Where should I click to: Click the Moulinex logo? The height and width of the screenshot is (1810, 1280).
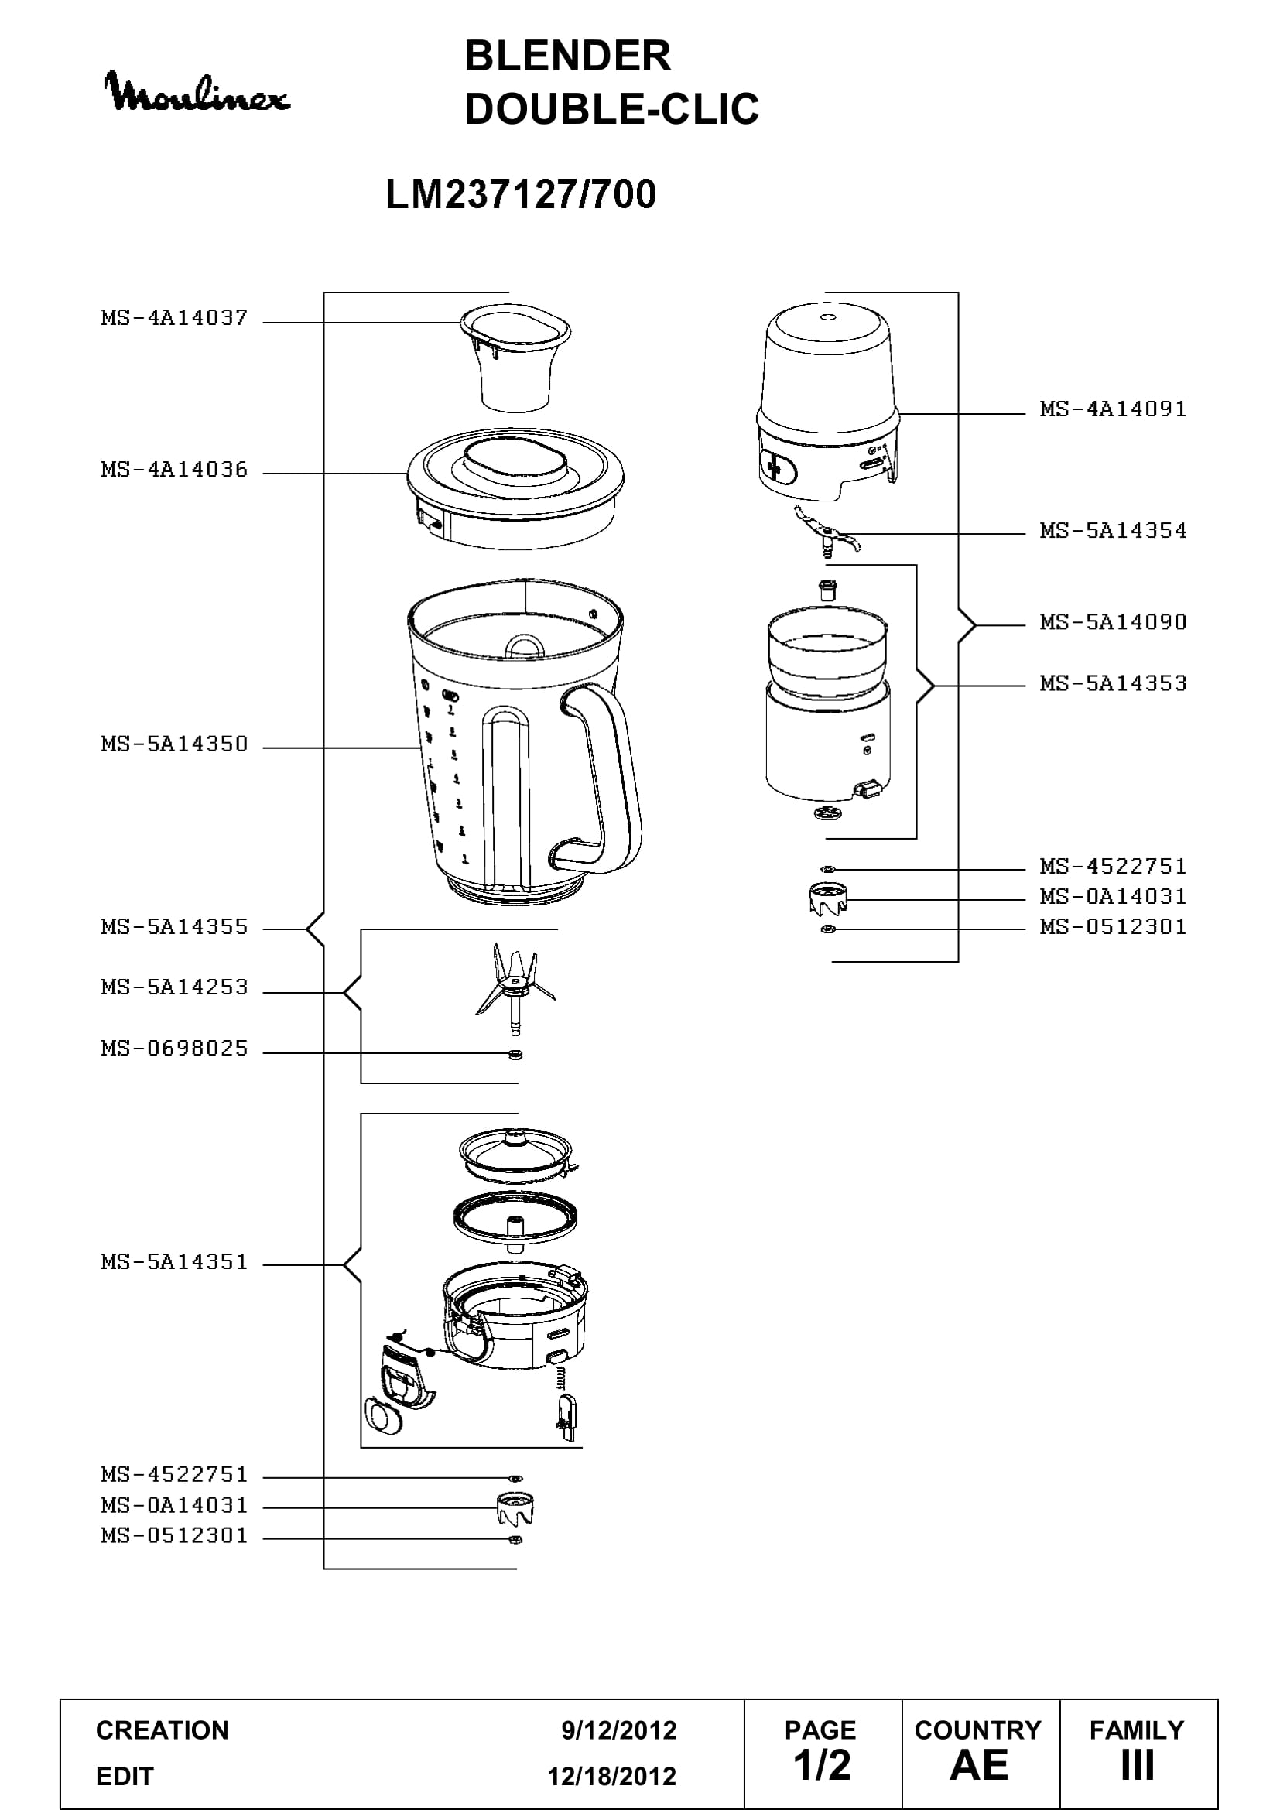pyautogui.click(x=198, y=92)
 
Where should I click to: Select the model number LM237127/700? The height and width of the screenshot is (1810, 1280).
pyautogui.click(x=521, y=194)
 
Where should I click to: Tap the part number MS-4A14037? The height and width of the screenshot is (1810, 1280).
pyautogui.click(x=174, y=318)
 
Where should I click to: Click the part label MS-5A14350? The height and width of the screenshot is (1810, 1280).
pyautogui.click(x=174, y=744)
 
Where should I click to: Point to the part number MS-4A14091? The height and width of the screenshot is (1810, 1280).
pyautogui.click(x=1113, y=409)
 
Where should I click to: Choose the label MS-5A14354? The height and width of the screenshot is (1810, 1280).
pyautogui.click(x=1113, y=530)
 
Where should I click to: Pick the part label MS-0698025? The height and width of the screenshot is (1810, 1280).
pyautogui.click(x=174, y=1048)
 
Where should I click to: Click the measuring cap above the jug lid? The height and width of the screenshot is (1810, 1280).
pyautogui.click(x=516, y=357)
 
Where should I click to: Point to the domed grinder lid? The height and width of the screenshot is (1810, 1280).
pyautogui.click(x=827, y=402)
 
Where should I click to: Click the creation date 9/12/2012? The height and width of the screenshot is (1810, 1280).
pyautogui.click(x=619, y=1730)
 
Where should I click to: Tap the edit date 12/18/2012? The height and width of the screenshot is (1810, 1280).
pyautogui.click(x=612, y=1776)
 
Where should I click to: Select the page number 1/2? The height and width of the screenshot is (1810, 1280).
pyautogui.click(x=822, y=1766)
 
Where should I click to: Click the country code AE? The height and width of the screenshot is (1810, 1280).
pyautogui.click(x=979, y=1766)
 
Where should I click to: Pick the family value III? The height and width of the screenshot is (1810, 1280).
pyautogui.click(x=1138, y=1766)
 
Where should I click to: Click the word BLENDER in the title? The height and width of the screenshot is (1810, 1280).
pyautogui.click(x=567, y=56)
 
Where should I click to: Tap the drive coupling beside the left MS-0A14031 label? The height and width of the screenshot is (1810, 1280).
pyautogui.click(x=516, y=1509)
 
